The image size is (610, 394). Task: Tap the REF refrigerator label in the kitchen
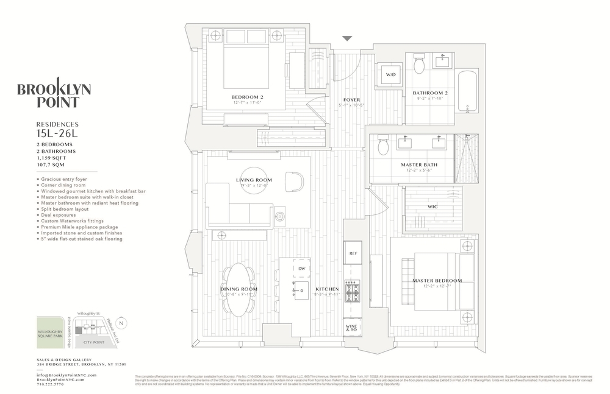353,252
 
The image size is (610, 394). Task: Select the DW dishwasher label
301,269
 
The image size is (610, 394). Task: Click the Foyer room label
351,100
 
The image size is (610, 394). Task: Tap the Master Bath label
417,165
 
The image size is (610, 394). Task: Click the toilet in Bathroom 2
419,63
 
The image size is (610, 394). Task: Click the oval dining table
235,290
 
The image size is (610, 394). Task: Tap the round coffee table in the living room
254,180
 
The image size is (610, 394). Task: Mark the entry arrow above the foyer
346,38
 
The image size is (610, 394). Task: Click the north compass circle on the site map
121,322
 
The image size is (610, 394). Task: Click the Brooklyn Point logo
54,96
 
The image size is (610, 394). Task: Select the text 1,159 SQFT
51,158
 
